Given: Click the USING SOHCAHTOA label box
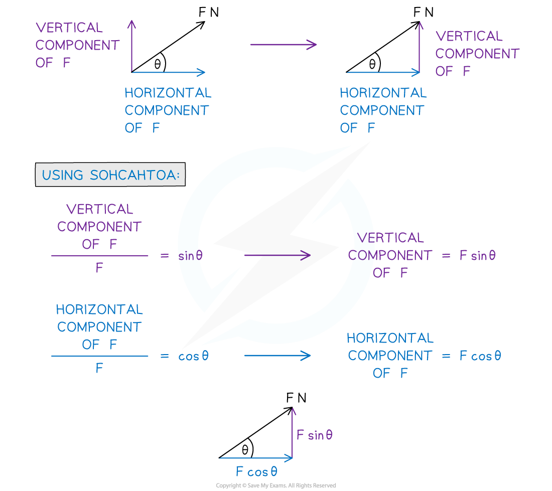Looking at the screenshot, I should click(x=110, y=175).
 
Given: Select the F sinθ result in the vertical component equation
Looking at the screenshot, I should click(x=477, y=255).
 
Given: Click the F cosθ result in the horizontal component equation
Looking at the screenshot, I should click(x=480, y=356).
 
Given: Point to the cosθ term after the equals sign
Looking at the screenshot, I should click(x=193, y=356).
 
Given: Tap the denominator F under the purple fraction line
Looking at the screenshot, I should click(x=99, y=268).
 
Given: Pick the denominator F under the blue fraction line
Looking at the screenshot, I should click(x=99, y=369).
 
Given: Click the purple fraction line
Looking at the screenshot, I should click(x=99, y=256).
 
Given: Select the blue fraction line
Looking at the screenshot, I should click(x=99, y=356).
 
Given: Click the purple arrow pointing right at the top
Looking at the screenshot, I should click(x=284, y=45).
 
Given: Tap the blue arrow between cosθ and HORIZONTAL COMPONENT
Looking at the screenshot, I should click(x=278, y=356).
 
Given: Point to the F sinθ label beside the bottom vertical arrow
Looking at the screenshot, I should click(x=315, y=435).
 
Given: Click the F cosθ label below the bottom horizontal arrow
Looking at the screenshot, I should click(x=256, y=472).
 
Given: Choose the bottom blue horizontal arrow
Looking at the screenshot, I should click(x=256, y=458).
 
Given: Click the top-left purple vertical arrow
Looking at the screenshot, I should click(x=132, y=45).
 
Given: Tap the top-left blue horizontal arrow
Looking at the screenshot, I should click(x=169, y=72).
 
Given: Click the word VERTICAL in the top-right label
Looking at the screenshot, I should click(x=469, y=36).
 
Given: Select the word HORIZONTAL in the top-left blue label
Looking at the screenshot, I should click(x=168, y=93).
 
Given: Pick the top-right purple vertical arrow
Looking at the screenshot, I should click(x=419, y=48).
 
